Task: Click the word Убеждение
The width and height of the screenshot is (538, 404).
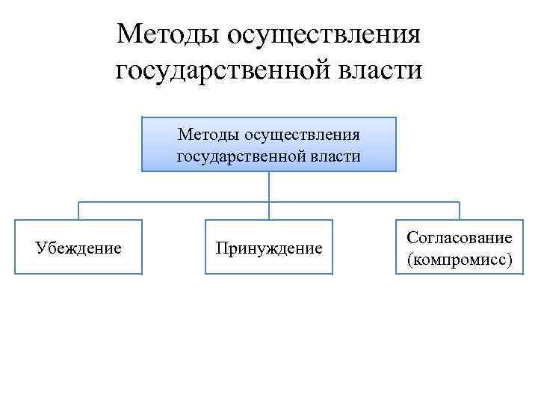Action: click(78, 247)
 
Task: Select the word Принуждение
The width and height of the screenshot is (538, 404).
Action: click(269, 247)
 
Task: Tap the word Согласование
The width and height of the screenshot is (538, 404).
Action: click(459, 237)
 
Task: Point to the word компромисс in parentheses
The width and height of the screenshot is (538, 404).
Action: click(459, 259)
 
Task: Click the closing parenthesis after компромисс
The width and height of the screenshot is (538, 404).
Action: click(509, 259)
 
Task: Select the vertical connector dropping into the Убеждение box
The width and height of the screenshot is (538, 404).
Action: click(78, 211)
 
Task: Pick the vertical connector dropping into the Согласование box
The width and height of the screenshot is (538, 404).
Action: click(459, 211)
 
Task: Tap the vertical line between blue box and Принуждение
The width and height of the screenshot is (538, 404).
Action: click(269, 187)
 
